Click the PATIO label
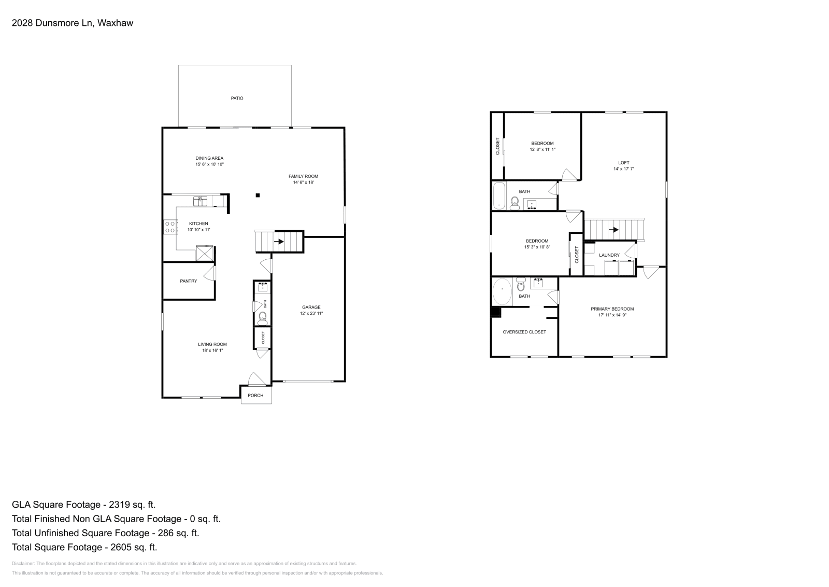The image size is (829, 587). click(237, 98)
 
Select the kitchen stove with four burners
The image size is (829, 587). click(170, 227)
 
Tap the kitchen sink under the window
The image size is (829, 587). click(200, 200)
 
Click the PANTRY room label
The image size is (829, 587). click(189, 281)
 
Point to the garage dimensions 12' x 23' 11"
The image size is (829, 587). click(311, 314)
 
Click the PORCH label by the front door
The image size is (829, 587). click(255, 396)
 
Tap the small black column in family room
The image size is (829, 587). click(258, 195)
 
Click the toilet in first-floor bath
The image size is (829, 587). click(263, 317)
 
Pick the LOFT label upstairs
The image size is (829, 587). click(624, 163)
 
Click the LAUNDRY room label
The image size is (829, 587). click(609, 255)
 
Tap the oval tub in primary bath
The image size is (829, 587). click(502, 292)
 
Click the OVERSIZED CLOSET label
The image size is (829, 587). click(524, 332)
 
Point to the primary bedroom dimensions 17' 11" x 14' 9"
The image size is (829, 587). click(612, 315)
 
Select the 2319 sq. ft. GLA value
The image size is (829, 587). click(130, 505)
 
